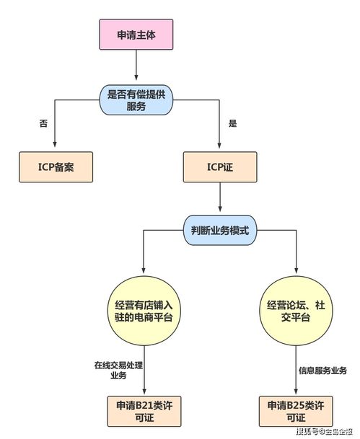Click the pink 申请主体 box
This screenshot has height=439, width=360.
point(136,34)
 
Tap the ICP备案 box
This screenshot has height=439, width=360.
point(55,167)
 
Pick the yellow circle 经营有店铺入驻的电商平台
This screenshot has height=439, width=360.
point(144,311)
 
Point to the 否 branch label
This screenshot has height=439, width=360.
point(44,123)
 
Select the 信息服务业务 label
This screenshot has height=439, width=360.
point(322,371)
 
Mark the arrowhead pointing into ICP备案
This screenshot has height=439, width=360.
point(55,147)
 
